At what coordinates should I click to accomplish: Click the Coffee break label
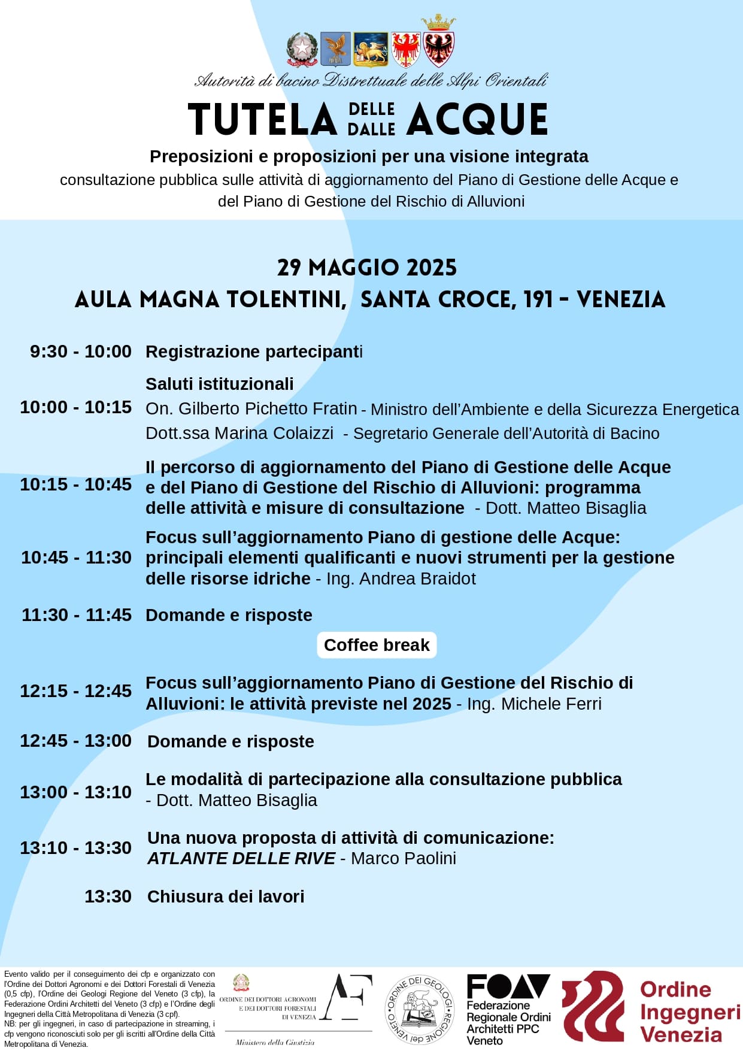[x=377, y=645]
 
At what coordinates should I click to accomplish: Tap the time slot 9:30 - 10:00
[x=81, y=352]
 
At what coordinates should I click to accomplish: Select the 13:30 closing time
[x=108, y=896]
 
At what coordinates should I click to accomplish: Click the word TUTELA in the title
[x=262, y=119]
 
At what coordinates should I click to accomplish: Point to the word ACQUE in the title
[x=477, y=119]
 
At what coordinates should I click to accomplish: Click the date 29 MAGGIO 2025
[x=366, y=268]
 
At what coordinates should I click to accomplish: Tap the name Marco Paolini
[x=404, y=858]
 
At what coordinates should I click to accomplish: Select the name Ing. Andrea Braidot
[x=401, y=578]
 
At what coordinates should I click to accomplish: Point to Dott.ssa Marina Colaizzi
[x=239, y=433]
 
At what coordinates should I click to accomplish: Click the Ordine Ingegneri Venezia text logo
[x=690, y=1011]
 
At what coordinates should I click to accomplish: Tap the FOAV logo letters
[x=508, y=986]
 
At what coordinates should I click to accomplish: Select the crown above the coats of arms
[x=438, y=23]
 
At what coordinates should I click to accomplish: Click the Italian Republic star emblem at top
[x=302, y=48]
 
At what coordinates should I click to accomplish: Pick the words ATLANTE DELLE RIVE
[x=241, y=858]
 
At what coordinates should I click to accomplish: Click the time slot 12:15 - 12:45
[x=75, y=691]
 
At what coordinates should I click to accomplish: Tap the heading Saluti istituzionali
[x=220, y=384]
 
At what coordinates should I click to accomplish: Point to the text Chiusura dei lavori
[x=226, y=896]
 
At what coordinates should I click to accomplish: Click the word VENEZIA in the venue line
[x=621, y=299]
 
